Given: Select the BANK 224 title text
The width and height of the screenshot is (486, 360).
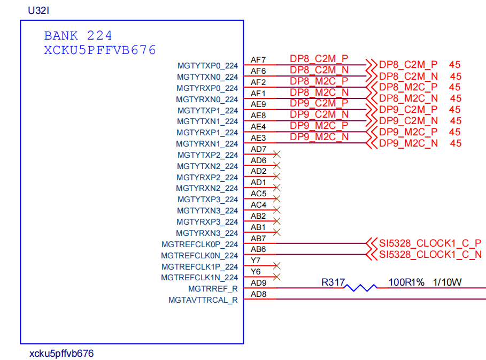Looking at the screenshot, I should tap(78, 36).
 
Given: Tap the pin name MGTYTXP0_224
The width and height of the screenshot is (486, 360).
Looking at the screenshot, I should tap(207, 66).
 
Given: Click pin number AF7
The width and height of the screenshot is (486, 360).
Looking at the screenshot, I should tap(258, 60).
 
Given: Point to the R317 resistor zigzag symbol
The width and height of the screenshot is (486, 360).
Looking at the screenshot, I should tap(361, 288).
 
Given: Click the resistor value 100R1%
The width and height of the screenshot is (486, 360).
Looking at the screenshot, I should tap(406, 282).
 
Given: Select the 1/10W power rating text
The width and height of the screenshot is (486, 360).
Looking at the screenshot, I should tap(447, 282).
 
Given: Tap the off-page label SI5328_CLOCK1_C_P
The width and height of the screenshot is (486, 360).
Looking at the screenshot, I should tap(430, 243).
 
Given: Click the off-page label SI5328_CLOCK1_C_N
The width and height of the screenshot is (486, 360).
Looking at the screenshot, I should tap(430, 255).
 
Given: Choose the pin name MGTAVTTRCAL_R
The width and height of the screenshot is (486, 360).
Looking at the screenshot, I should tap(203, 300).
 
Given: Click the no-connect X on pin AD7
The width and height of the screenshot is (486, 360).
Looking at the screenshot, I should tap(276, 154).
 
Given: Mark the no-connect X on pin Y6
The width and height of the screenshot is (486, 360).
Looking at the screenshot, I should tap(276, 277).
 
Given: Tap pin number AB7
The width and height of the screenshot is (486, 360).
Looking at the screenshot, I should tap(258, 238).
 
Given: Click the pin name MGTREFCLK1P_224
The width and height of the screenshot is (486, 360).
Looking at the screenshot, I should tap(200, 266).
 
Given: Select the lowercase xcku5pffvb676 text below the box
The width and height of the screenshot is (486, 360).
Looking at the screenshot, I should tap(62, 354).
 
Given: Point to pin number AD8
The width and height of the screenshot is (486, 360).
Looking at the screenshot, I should tap(258, 294).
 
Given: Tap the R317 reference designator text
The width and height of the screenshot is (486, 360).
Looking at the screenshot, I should tap(333, 282).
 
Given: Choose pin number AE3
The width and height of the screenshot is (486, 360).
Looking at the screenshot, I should tap(258, 138).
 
